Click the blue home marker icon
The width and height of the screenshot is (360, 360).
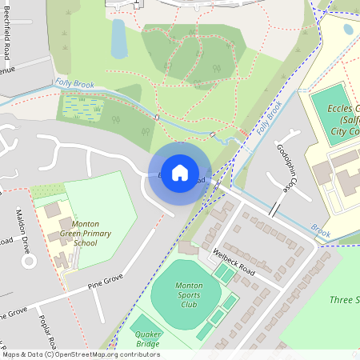pos(180,172)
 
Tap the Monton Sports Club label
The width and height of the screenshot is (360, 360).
pos(189,294)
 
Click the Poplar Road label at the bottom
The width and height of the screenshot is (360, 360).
pos(46,330)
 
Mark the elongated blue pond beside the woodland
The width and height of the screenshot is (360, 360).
pos(119,38)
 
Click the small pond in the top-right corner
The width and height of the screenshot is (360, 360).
pos(348,29)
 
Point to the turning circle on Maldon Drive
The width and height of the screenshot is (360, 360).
pos(28,260)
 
